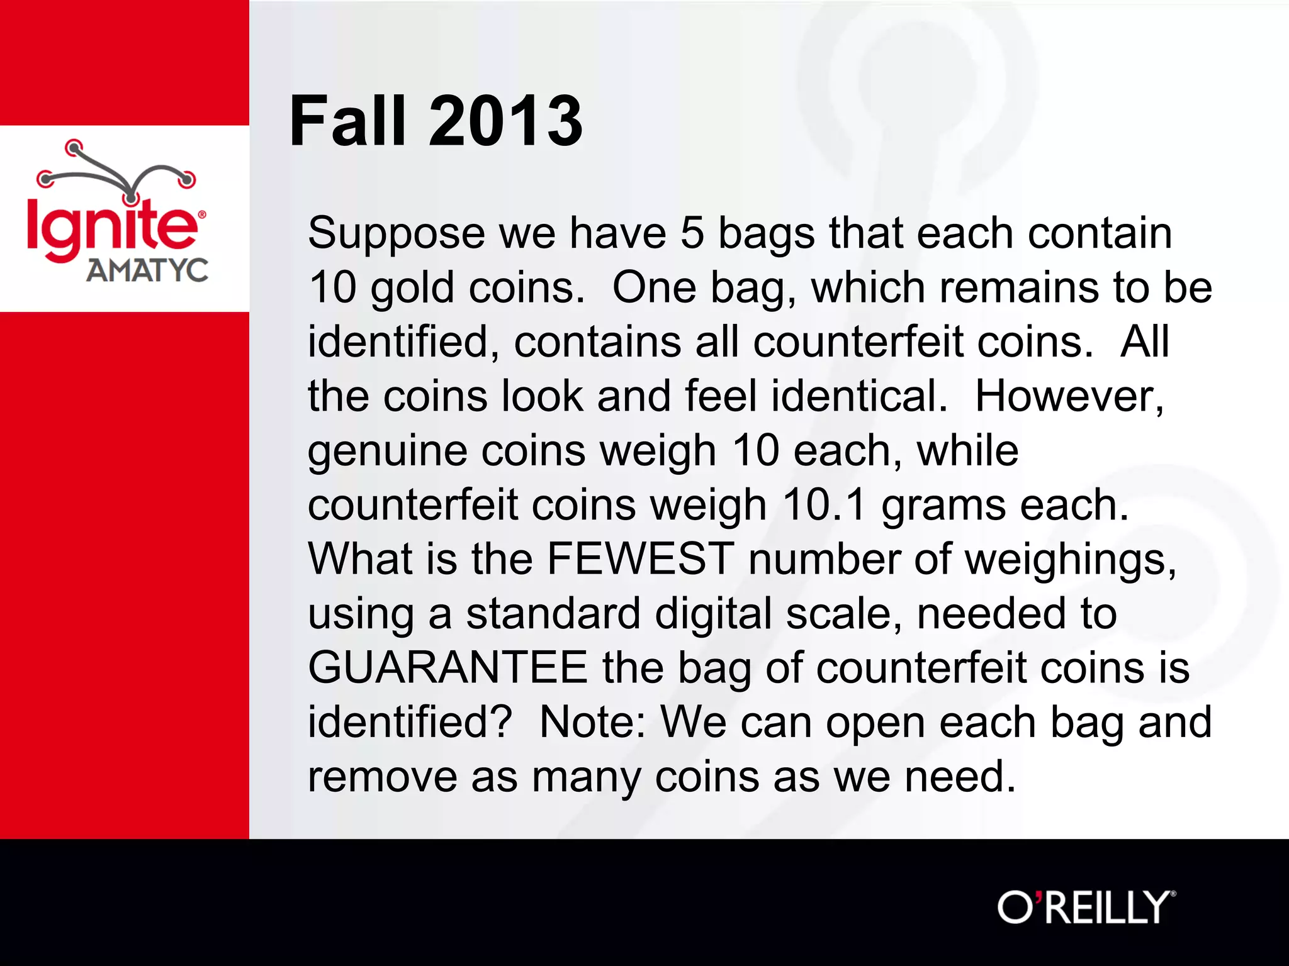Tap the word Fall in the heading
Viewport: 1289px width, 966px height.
click(347, 121)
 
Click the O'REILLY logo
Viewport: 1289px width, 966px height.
click(1086, 908)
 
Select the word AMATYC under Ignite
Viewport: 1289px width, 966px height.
click(147, 271)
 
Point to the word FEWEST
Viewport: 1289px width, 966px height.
click(640, 558)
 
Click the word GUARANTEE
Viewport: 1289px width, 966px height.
click(447, 667)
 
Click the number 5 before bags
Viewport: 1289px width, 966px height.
click(692, 233)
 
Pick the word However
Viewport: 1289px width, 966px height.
click(1069, 396)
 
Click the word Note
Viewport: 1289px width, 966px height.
click(592, 722)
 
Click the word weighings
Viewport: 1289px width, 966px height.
click(1070, 560)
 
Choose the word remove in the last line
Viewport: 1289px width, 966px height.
click(381, 777)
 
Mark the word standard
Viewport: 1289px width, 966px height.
click(553, 614)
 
